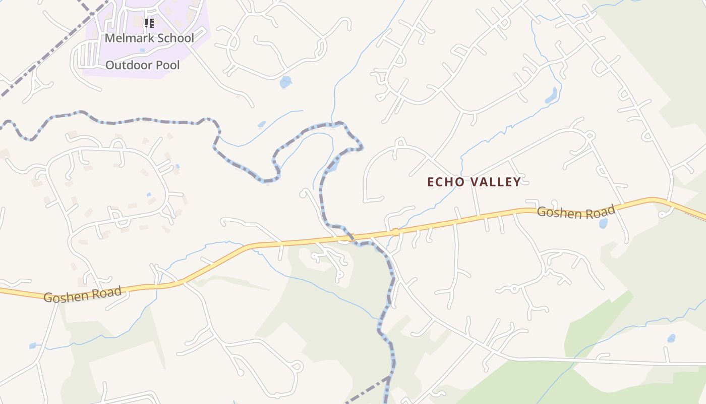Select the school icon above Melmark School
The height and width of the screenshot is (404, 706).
(149, 23)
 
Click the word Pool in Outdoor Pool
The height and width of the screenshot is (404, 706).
(167, 65)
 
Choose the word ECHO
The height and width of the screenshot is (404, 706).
(444, 182)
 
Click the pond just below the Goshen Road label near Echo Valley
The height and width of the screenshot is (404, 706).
(603, 224)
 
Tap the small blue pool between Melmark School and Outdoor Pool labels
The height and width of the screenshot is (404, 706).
(142, 50)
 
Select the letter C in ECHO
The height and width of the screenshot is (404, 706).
(439, 182)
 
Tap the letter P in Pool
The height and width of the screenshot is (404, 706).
(159, 65)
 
